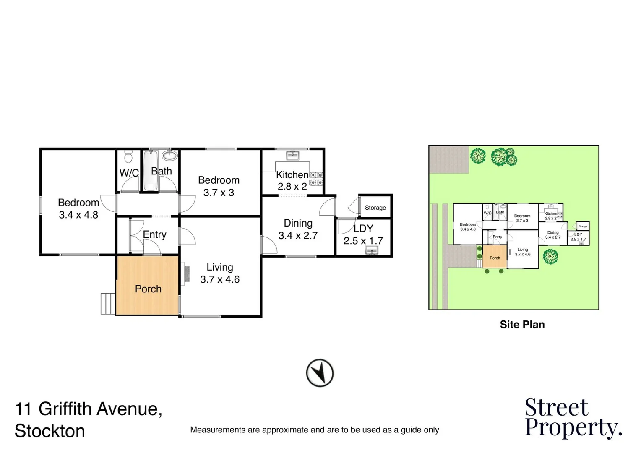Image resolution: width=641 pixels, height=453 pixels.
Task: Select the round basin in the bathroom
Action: (x=170, y=156)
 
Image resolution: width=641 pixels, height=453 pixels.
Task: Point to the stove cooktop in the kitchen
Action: (x=316, y=179)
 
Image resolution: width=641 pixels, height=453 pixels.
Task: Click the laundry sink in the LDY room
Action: (x=372, y=250)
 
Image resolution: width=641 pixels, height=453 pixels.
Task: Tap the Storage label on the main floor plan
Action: (x=375, y=208)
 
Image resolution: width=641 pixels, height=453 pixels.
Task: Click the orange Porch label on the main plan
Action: (x=148, y=289)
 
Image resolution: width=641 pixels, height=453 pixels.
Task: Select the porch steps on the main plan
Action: (x=108, y=303)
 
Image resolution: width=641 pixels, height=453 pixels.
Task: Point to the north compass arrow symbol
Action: (x=320, y=372)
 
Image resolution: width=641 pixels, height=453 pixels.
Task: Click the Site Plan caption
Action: (x=522, y=325)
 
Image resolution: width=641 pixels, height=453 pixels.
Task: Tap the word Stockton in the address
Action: (x=50, y=431)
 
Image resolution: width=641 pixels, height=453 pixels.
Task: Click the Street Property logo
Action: (x=573, y=418)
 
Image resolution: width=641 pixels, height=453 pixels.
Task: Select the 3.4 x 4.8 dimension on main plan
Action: (x=78, y=215)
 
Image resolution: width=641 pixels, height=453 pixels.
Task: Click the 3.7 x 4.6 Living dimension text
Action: (x=220, y=280)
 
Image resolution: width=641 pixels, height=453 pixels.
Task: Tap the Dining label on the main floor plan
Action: (x=298, y=223)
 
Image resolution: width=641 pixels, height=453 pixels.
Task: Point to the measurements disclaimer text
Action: (x=315, y=430)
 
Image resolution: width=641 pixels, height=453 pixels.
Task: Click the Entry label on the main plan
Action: (x=154, y=234)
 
